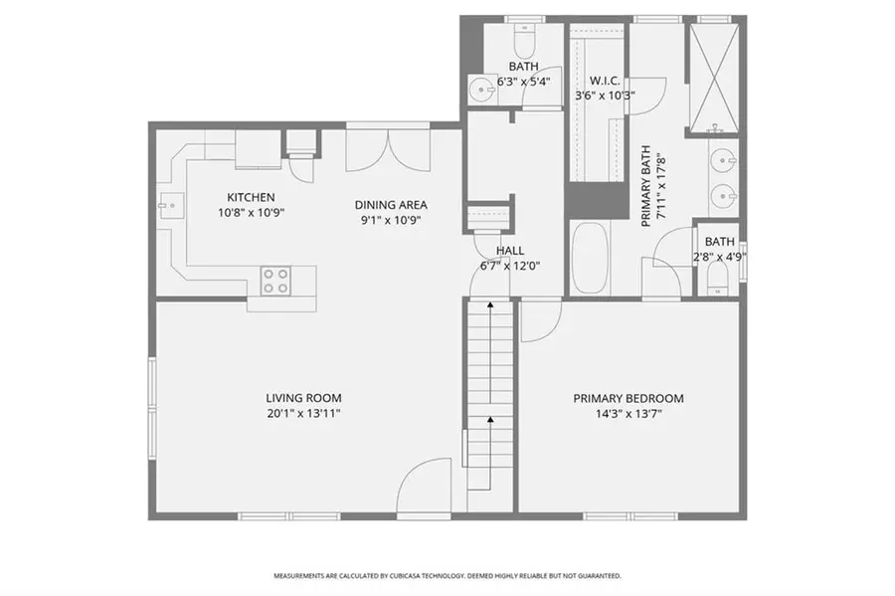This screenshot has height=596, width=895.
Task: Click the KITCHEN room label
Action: pyautogui.click(x=251, y=197)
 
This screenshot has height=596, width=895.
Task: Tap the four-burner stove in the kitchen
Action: pyautogui.click(x=276, y=281)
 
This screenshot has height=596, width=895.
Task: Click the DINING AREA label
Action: pyautogui.click(x=391, y=205)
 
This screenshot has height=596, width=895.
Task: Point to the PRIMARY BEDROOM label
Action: pyautogui.click(x=627, y=398)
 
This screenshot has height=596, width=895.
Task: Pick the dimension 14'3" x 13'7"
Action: pyautogui.click(x=627, y=413)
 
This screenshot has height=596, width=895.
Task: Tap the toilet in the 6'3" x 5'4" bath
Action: pyautogui.click(x=524, y=41)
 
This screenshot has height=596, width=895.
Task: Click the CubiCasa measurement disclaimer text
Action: pyautogui.click(x=447, y=575)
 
